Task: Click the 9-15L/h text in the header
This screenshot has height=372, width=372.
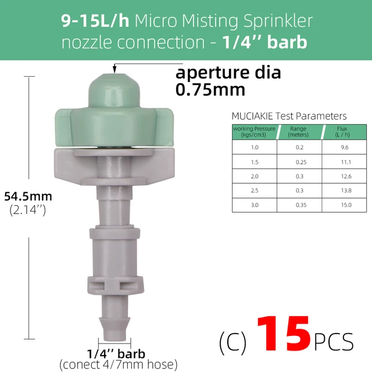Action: pos(95,21)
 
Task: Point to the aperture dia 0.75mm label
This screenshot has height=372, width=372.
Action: pos(228,81)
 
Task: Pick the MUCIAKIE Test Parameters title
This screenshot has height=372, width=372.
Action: pos(289,116)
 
